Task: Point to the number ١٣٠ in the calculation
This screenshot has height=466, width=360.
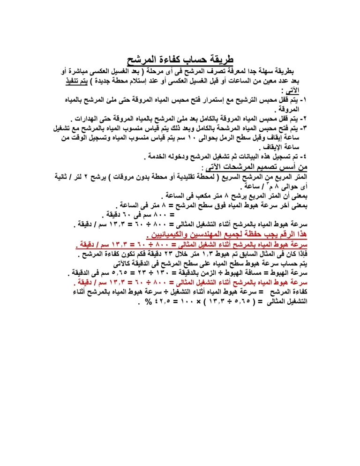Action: pos(180,273)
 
